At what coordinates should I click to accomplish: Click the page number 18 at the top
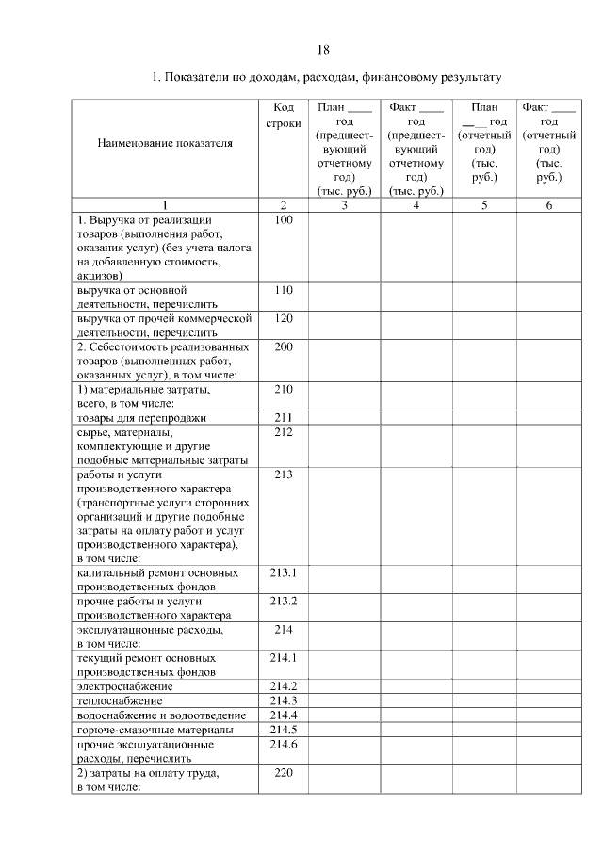(x=322, y=50)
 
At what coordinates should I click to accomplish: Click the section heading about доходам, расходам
(x=326, y=76)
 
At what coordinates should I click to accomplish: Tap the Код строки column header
(x=283, y=116)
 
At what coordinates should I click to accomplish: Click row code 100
(x=283, y=220)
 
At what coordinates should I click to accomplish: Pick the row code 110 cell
(x=283, y=291)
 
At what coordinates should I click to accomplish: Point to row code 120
(x=283, y=319)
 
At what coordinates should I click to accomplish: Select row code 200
(x=283, y=347)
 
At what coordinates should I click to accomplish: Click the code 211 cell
(x=283, y=417)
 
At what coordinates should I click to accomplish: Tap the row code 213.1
(x=283, y=572)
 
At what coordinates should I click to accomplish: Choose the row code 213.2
(x=283, y=601)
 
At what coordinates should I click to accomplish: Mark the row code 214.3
(x=283, y=700)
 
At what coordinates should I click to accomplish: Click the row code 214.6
(x=283, y=744)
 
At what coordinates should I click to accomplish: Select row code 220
(x=283, y=773)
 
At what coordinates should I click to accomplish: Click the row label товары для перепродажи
(x=140, y=417)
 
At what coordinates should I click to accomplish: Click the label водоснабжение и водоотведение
(x=161, y=715)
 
